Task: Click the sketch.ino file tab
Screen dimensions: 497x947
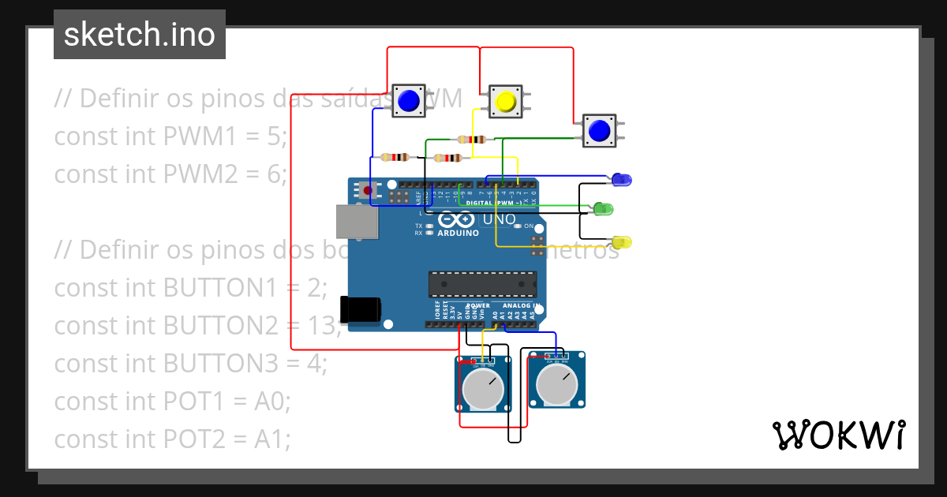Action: pyautogui.click(x=140, y=35)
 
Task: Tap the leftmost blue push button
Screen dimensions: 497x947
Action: pyautogui.click(x=408, y=101)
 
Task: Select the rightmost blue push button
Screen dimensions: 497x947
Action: pyautogui.click(x=600, y=130)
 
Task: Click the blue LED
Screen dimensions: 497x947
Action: pyautogui.click(x=622, y=180)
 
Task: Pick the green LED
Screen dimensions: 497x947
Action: pyautogui.click(x=603, y=209)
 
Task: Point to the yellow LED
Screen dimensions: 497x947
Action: pyautogui.click(x=622, y=241)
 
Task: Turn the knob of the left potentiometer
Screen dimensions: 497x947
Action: pyautogui.click(x=483, y=387)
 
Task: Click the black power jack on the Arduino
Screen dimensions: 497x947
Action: pyautogui.click(x=359, y=309)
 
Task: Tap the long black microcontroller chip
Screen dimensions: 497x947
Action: pyautogui.click(x=482, y=284)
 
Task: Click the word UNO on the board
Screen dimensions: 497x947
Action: pyautogui.click(x=499, y=219)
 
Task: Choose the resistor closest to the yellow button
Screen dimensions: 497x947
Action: pyautogui.click(x=471, y=140)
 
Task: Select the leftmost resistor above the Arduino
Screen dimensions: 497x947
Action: pyautogui.click(x=394, y=156)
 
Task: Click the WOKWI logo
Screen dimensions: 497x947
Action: pyautogui.click(x=838, y=435)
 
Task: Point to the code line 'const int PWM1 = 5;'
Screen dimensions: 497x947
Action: pyautogui.click(x=170, y=136)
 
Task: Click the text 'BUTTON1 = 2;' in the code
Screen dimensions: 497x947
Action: pyautogui.click(x=245, y=288)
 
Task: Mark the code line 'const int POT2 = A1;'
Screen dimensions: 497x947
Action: pyautogui.click(x=172, y=439)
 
